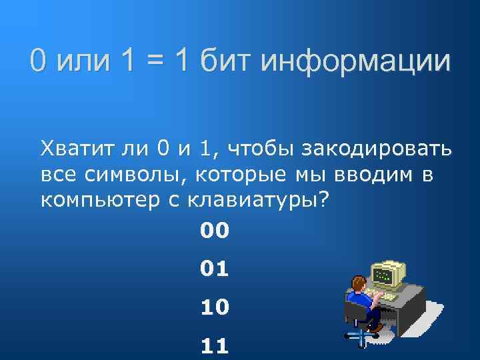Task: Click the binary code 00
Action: click(x=214, y=231)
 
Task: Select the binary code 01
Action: click(x=214, y=269)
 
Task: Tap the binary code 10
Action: click(x=214, y=307)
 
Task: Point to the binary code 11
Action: click(x=214, y=345)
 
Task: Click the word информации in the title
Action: click(x=356, y=62)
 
